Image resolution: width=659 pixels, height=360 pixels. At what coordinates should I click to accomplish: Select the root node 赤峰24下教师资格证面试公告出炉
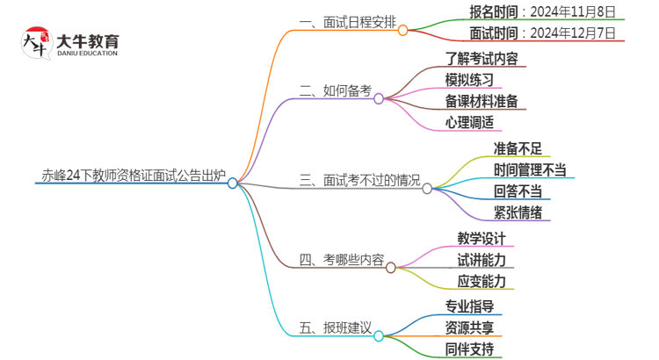tap(132, 174)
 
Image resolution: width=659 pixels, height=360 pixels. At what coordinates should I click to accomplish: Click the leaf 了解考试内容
tap(482, 58)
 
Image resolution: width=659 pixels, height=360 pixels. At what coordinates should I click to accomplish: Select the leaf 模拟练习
tap(469, 79)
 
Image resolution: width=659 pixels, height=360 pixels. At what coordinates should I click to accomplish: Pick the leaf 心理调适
tap(469, 122)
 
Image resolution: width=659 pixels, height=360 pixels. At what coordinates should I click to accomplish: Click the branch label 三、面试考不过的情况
tap(359, 180)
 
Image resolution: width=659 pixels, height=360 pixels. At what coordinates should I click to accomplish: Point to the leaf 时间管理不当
tap(530, 169)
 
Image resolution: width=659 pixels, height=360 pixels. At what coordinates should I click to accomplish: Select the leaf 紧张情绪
tap(518, 212)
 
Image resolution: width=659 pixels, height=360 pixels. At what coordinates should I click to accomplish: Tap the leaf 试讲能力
tap(482, 260)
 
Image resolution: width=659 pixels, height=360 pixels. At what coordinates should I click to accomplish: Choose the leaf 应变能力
tap(482, 281)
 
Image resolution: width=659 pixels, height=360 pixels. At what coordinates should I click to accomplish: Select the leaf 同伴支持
tap(469, 349)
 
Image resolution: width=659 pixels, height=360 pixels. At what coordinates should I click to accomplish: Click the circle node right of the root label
tap(233, 183)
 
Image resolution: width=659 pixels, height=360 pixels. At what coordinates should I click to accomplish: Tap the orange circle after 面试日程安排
tap(403, 31)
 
